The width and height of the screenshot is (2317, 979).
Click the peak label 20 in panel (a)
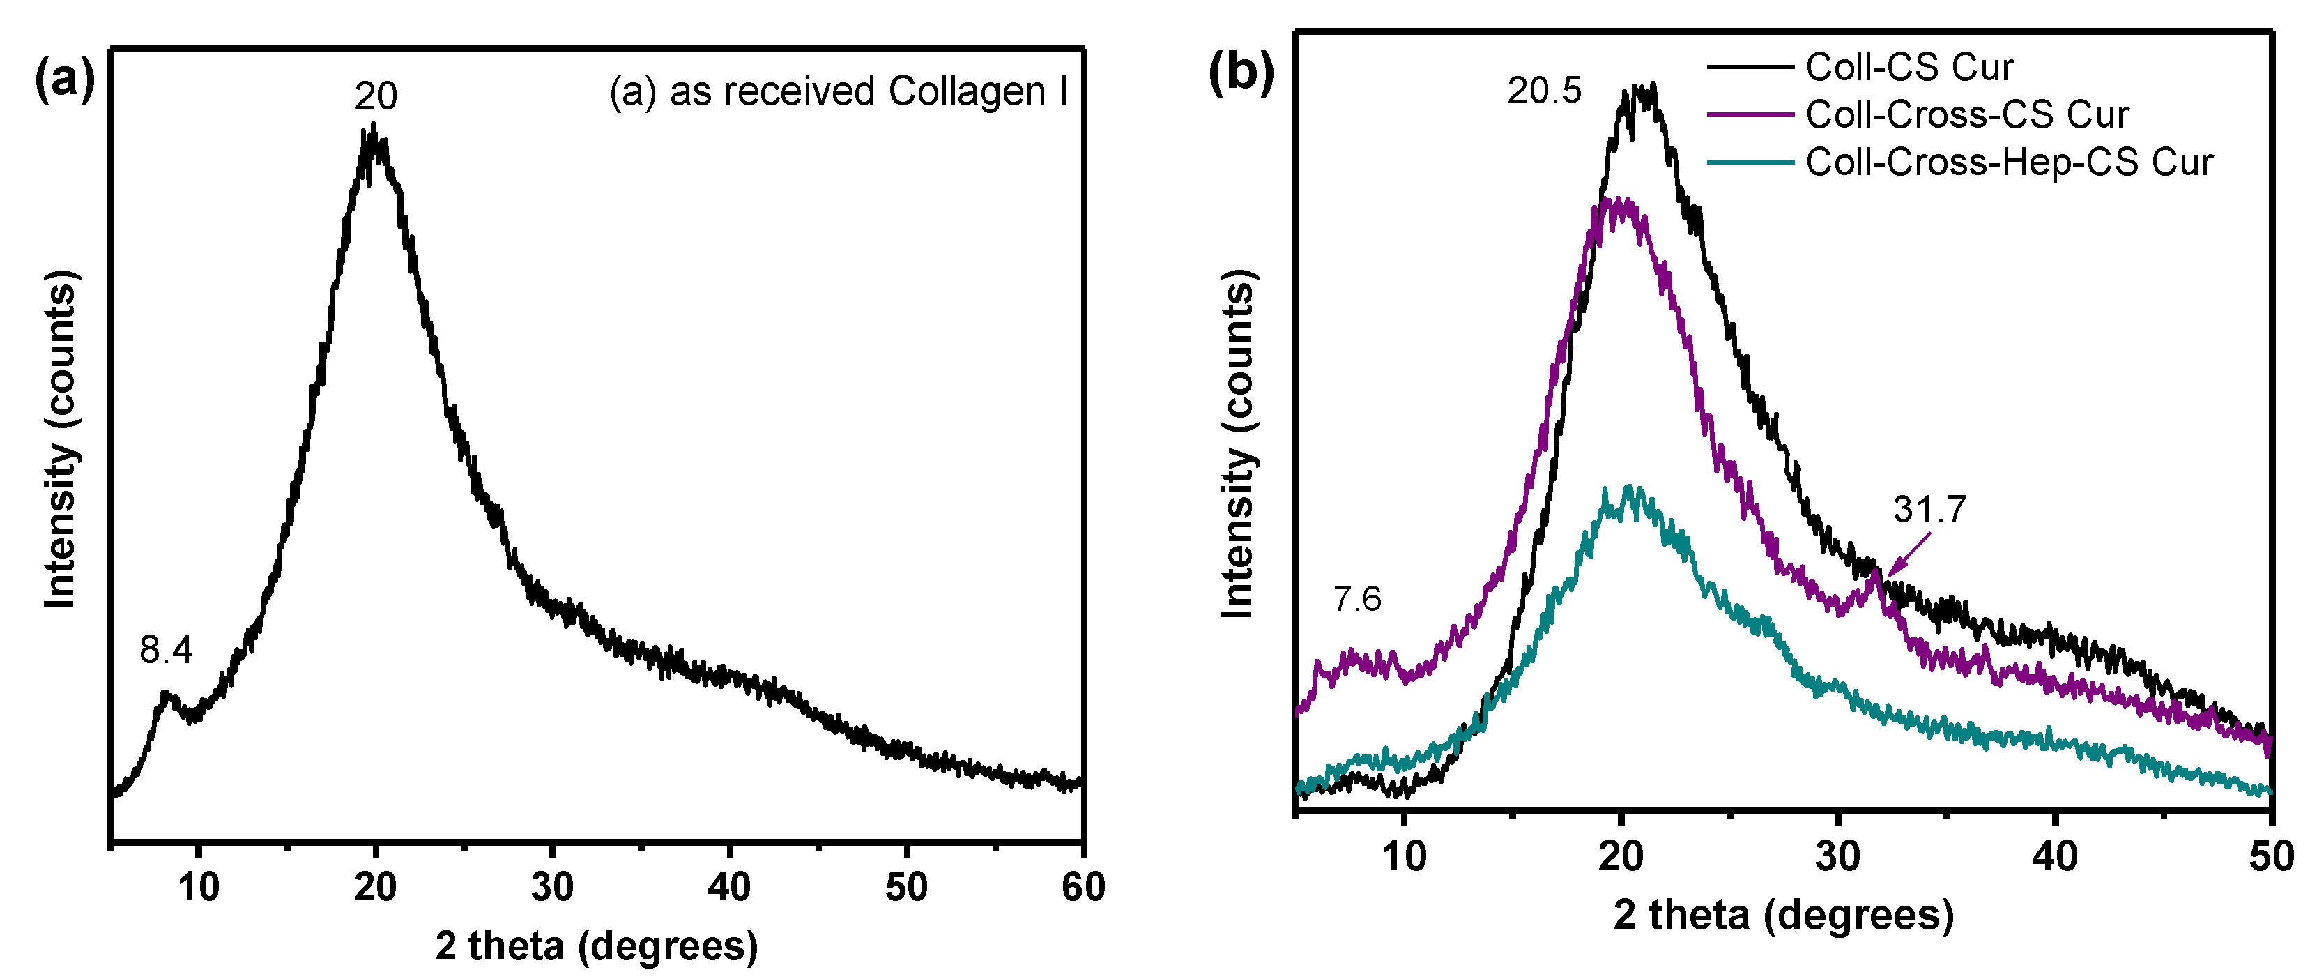tap(375, 96)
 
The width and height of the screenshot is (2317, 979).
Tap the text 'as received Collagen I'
tap(868, 92)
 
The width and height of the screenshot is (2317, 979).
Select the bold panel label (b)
tap(1241, 72)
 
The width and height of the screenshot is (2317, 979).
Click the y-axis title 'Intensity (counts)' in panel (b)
tap(1239, 443)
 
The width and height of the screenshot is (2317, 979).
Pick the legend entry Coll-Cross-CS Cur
tap(1966, 115)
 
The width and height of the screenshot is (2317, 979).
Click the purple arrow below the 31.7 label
tap(1908, 554)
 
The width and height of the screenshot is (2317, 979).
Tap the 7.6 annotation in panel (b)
tap(1356, 599)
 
